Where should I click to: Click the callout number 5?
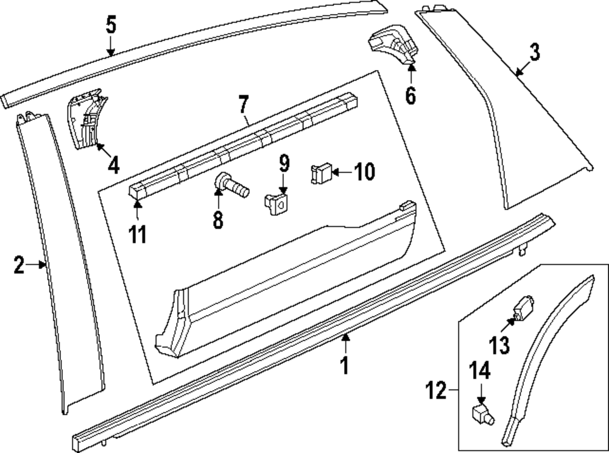click(111, 26)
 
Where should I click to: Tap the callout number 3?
click(534, 52)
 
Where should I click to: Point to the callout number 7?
click(244, 104)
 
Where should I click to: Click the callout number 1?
click(345, 365)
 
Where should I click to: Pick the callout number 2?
click(19, 265)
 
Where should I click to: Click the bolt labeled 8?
click(231, 185)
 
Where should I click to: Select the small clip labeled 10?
click(322, 173)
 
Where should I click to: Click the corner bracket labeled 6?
click(391, 45)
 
